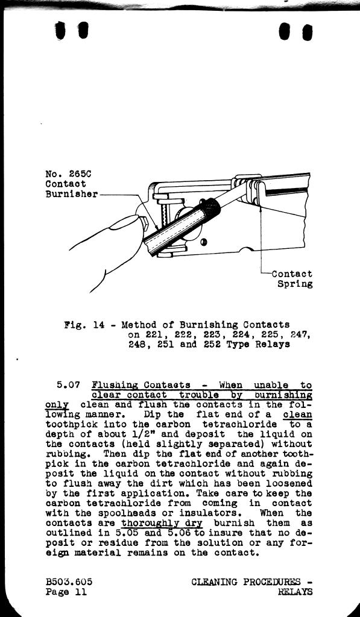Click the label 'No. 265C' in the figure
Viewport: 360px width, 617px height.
(69, 174)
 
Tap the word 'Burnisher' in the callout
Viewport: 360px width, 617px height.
(71, 194)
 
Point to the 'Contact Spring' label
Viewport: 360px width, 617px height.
(292, 278)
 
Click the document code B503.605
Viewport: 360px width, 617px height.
(69, 582)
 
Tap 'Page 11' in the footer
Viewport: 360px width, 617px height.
(66, 592)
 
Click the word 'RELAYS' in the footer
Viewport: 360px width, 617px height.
(295, 592)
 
